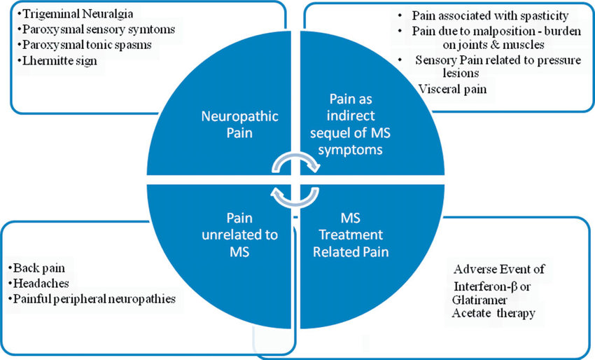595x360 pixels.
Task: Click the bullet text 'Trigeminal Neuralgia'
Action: pos(78,15)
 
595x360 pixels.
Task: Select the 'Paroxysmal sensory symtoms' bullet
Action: pos(99,29)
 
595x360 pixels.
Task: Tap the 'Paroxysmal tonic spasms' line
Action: pos(87,46)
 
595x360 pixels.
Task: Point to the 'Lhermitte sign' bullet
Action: pos(59,61)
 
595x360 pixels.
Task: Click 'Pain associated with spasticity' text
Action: pos(490,16)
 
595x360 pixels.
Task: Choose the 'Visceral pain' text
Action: pos(452,89)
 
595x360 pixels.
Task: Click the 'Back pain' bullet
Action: pos(39,268)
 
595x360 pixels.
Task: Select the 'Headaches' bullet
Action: pos(41,283)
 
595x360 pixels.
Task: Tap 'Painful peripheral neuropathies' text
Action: pos(94,299)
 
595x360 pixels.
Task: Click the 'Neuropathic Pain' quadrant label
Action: pos(240,125)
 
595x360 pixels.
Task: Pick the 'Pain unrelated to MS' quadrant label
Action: pos(239,235)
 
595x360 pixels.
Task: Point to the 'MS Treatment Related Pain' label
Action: pos(351,235)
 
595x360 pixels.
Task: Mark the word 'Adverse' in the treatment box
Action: pos(475,269)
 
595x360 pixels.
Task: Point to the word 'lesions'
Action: pos(461,73)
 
